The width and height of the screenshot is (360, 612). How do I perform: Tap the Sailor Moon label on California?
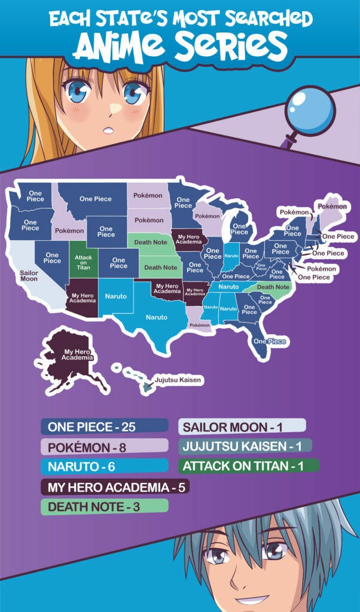click(x=29, y=276)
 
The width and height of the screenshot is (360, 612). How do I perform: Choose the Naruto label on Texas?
click(x=157, y=317)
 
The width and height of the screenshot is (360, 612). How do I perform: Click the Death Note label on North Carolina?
click(x=273, y=287)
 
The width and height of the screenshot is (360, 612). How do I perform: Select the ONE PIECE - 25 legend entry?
click(x=105, y=427)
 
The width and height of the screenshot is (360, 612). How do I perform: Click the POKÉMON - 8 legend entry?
click(x=105, y=446)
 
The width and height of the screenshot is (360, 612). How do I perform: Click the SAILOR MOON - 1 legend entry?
click(x=242, y=427)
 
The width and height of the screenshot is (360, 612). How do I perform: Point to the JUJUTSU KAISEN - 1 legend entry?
click(x=245, y=446)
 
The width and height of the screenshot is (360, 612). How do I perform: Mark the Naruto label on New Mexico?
click(x=116, y=296)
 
